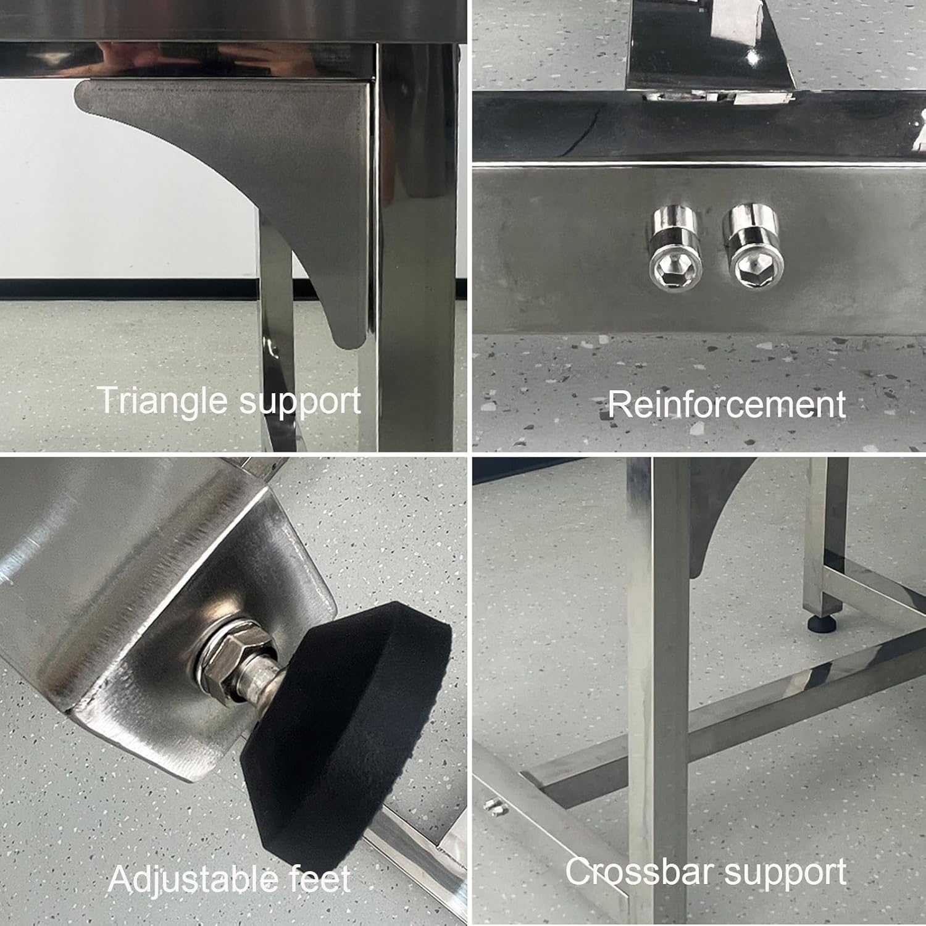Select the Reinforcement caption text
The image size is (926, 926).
click(727, 405)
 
